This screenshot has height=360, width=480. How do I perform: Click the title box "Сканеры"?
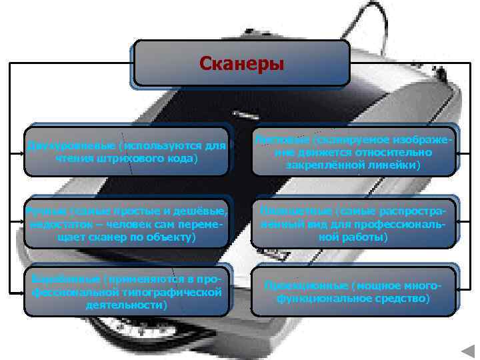pos(241,64)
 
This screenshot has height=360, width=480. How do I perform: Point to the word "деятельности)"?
pos(126,304)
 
